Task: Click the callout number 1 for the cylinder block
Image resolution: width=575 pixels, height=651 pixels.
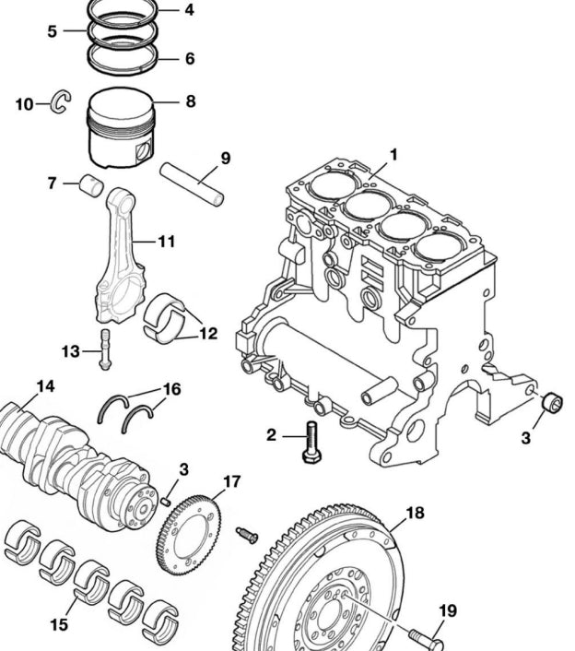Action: (393, 155)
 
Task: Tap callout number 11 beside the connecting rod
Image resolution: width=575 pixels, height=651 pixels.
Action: (166, 242)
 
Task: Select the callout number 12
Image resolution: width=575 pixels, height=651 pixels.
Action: (208, 333)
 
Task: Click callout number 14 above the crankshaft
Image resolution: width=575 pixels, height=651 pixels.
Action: (45, 386)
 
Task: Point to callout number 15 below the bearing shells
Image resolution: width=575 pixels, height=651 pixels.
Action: (58, 624)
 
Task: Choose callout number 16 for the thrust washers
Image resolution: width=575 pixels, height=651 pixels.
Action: (172, 389)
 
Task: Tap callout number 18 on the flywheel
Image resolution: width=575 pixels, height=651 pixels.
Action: (415, 513)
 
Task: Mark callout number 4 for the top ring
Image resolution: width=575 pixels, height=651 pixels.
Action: (189, 10)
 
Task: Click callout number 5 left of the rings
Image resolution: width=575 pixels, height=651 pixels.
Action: (53, 30)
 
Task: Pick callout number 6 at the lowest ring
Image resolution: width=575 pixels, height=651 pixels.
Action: (189, 58)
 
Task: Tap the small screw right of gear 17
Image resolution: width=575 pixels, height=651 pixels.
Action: (247, 534)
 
